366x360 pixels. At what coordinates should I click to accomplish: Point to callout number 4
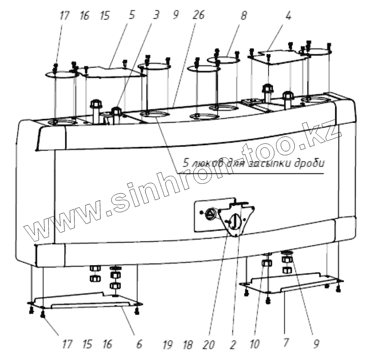(x=288, y=16)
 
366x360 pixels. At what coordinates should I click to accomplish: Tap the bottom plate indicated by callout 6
(x=85, y=301)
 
